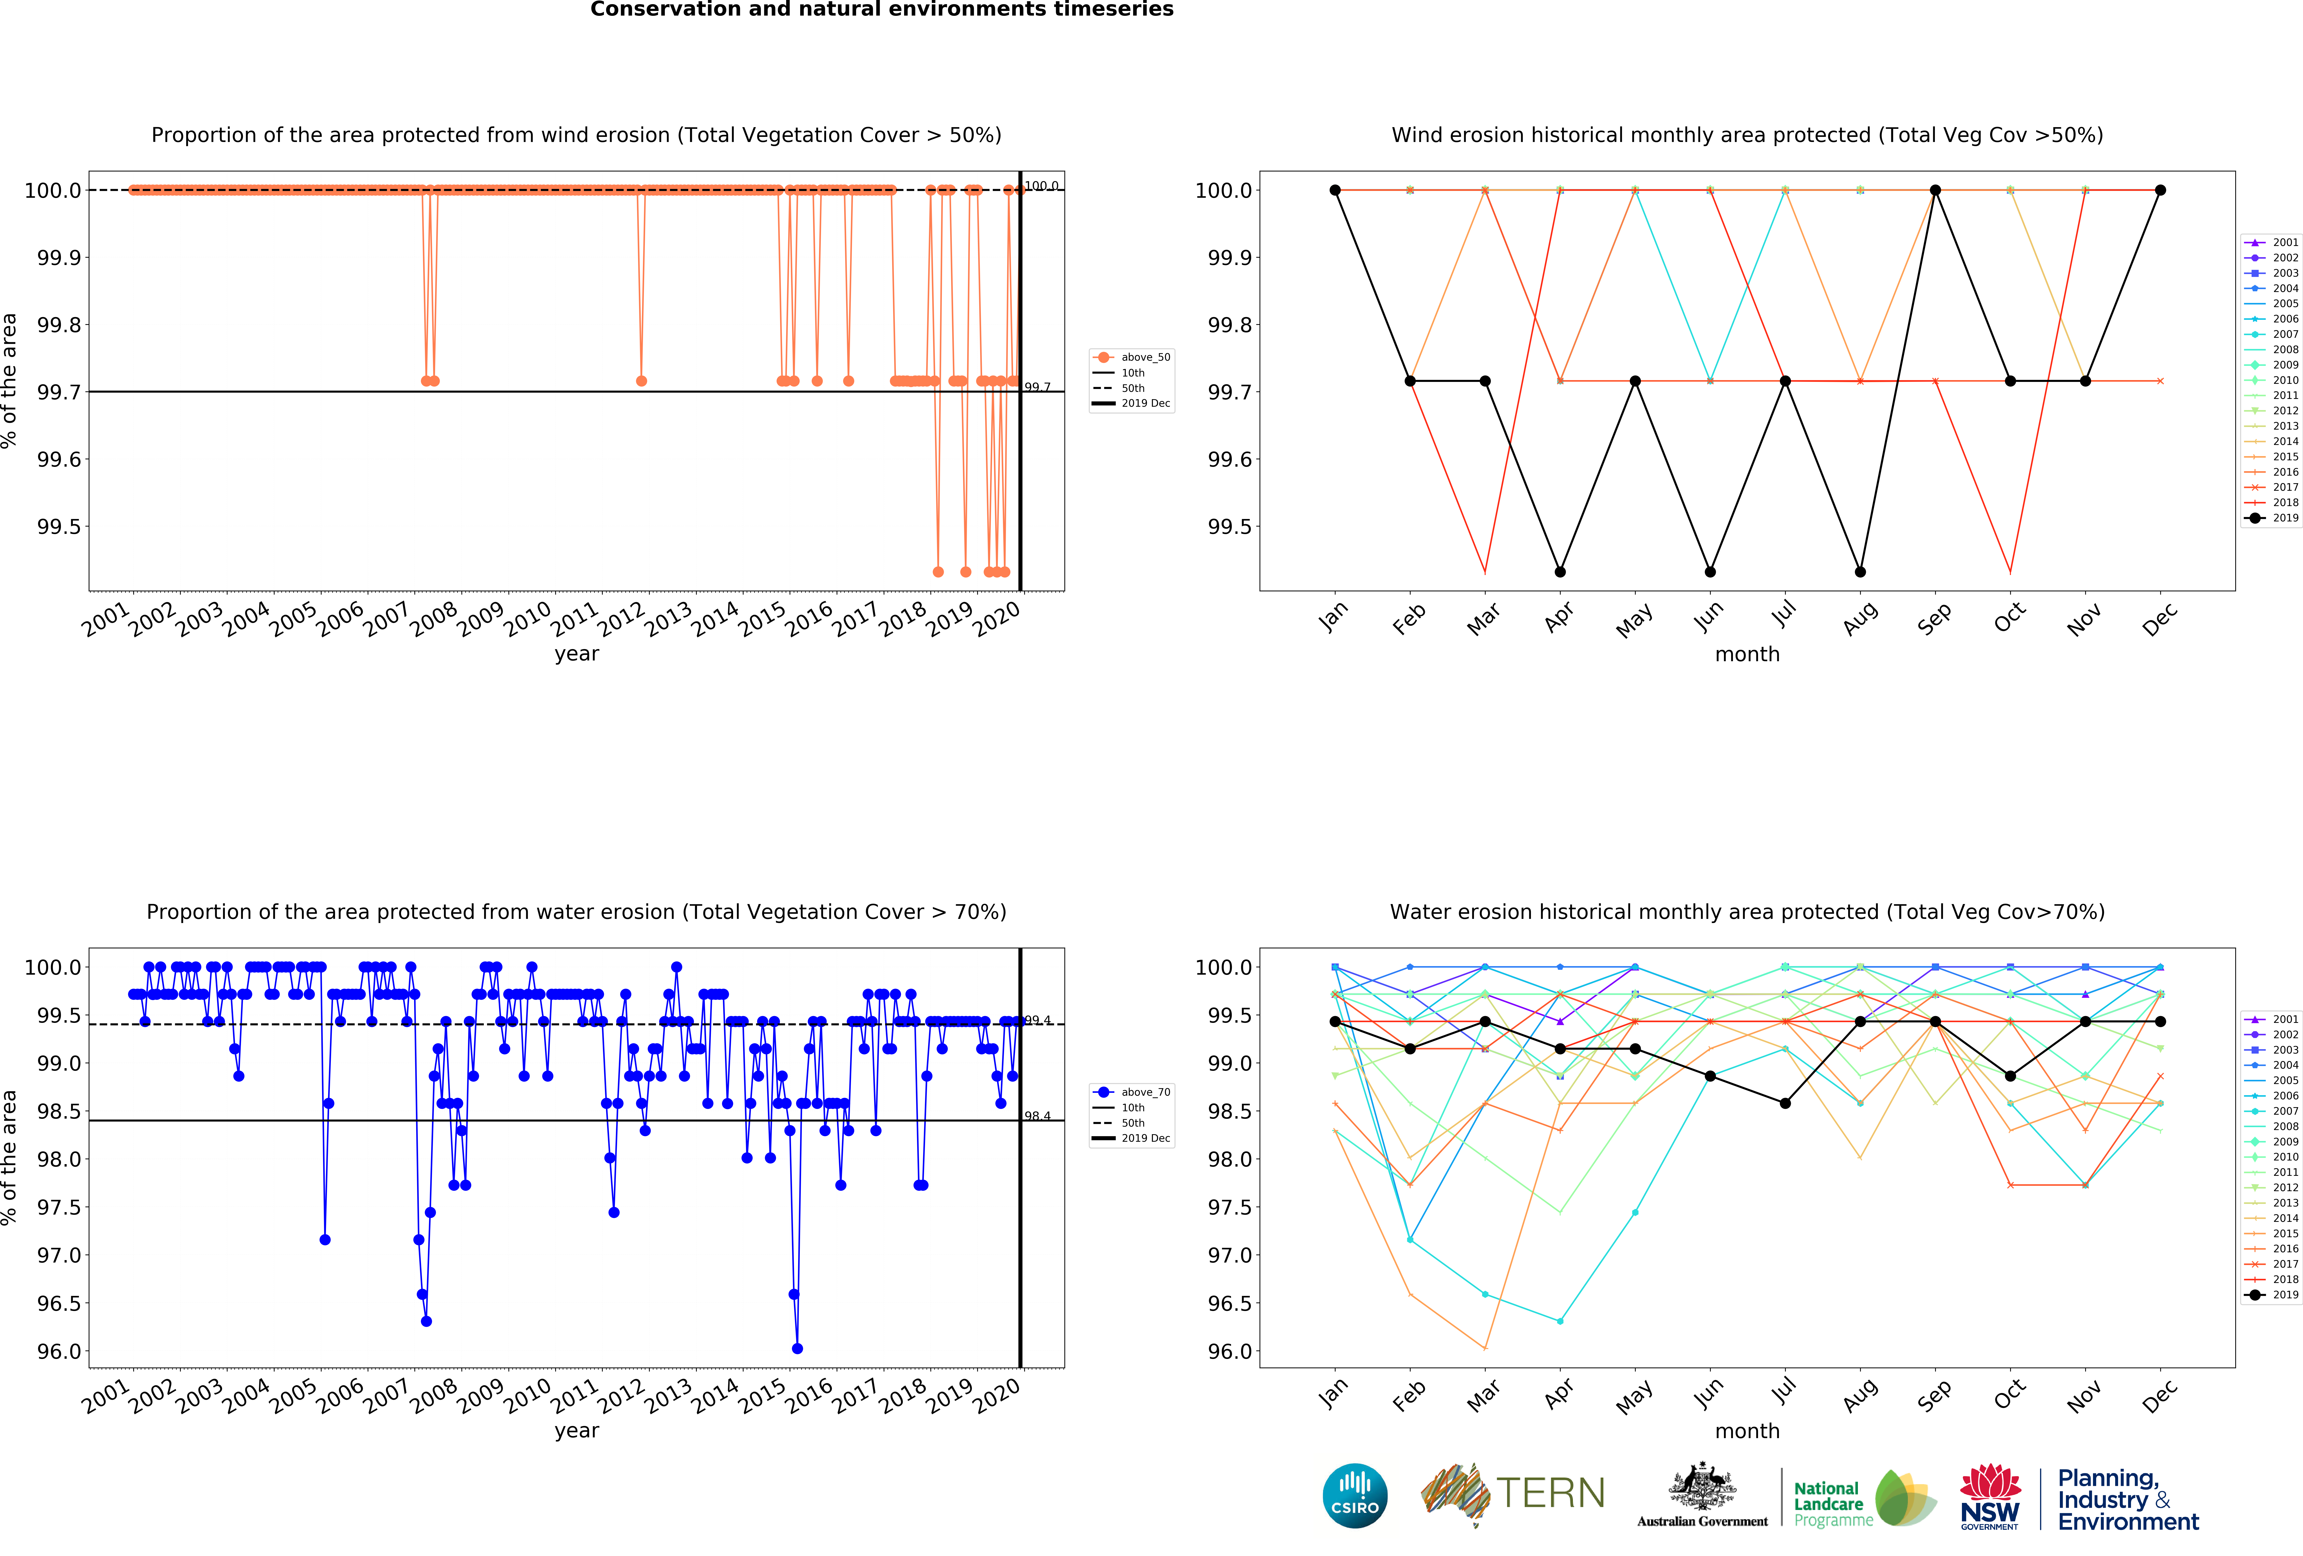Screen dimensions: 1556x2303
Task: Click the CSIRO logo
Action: coord(1355,1496)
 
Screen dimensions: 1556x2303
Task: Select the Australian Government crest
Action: coord(1701,1486)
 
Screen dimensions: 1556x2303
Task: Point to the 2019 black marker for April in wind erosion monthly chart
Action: coord(1560,572)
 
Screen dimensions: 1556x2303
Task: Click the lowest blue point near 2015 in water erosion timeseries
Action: coord(797,1348)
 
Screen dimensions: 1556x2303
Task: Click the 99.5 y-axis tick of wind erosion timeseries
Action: coord(58,526)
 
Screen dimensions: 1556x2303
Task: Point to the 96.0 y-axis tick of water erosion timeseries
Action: coord(58,1351)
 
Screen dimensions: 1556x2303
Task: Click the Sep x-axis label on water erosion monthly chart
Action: coord(1934,1394)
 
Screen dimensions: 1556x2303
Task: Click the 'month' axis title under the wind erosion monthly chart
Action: coord(1747,654)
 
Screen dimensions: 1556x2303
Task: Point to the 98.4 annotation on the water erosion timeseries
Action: coord(1038,1116)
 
